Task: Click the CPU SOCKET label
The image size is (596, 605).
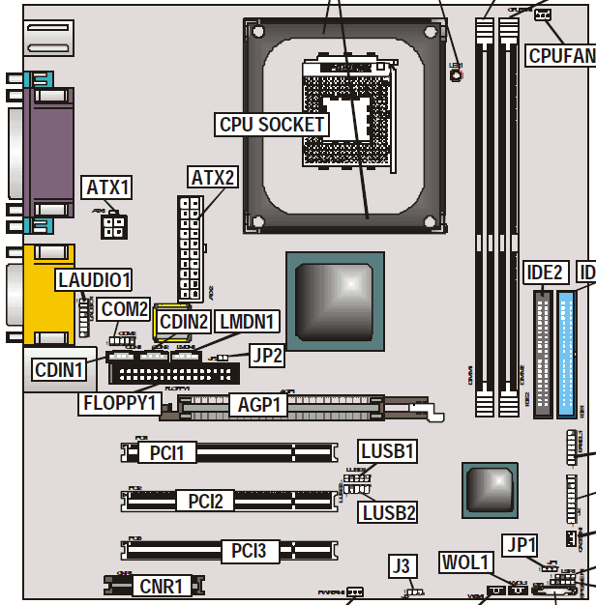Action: pyautogui.click(x=272, y=125)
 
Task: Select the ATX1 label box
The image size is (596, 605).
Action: pyautogui.click(x=108, y=187)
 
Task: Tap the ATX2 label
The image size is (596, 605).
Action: pyautogui.click(x=212, y=178)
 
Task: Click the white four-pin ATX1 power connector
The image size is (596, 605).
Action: pyautogui.click(x=113, y=227)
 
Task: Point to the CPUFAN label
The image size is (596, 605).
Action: pyautogui.click(x=561, y=55)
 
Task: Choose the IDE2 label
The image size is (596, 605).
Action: pyautogui.click(x=542, y=273)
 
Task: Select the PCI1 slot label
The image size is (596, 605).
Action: pyautogui.click(x=166, y=452)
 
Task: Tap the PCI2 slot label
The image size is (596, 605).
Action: pyautogui.click(x=205, y=501)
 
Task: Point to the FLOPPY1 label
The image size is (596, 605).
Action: pyautogui.click(x=121, y=400)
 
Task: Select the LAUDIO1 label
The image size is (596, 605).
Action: pyautogui.click(x=93, y=280)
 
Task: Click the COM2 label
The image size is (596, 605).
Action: pyautogui.click(x=126, y=310)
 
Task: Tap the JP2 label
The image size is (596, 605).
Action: pyautogui.click(x=266, y=356)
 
